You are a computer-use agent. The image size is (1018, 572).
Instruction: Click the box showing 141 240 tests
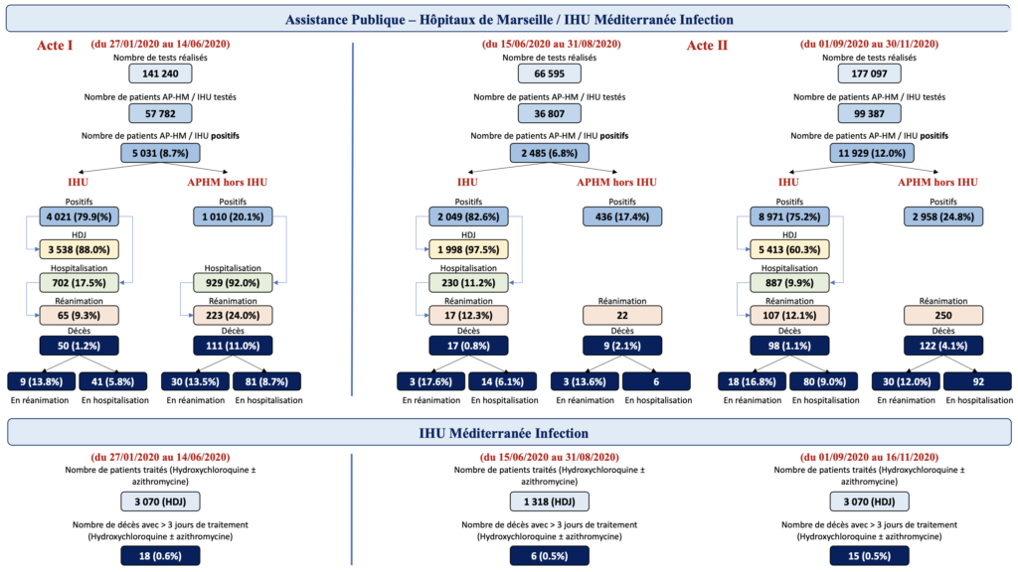click(160, 73)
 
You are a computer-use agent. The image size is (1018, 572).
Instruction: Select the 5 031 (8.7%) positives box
click(160, 153)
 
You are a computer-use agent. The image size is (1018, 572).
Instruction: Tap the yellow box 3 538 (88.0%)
click(79, 249)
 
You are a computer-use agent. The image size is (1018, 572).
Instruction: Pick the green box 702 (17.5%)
click(79, 283)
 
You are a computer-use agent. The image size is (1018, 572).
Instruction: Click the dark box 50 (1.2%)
click(79, 346)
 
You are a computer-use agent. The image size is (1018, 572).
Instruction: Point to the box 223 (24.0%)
click(233, 315)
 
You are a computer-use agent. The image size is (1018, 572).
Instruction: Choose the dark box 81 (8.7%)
click(269, 381)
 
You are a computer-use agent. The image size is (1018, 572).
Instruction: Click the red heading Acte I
click(55, 46)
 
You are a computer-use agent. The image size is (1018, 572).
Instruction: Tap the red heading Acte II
click(707, 46)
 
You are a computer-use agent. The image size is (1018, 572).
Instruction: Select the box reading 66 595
click(549, 73)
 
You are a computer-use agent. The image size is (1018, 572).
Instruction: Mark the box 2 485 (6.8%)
click(549, 153)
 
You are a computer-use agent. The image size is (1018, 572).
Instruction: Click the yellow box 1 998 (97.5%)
click(468, 249)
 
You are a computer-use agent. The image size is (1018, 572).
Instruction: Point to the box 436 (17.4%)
click(622, 216)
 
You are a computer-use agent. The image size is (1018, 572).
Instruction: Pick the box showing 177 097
click(869, 73)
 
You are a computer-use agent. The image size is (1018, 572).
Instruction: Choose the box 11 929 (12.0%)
click(871, 153)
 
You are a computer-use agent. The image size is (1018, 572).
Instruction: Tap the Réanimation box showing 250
click(943, 315)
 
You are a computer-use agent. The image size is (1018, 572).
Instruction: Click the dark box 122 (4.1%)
click(943, 346)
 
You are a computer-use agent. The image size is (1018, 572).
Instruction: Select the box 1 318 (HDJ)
click(549, 501)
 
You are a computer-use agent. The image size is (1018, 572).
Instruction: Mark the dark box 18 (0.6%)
click(160, 556)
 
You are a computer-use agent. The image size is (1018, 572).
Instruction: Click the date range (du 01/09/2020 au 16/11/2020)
click(869, 457)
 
